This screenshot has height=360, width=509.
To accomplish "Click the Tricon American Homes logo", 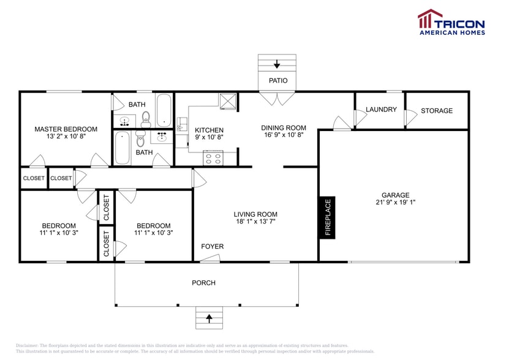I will tap(451, 22).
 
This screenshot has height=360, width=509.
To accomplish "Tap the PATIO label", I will tap(277, 81).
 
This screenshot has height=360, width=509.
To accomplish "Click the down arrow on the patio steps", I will tap(277, 64).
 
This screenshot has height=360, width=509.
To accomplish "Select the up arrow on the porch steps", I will tap(209, 318).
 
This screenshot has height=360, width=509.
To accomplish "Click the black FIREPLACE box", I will tap(327, 217).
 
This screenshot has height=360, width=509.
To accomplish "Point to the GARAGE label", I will tap(394, 195).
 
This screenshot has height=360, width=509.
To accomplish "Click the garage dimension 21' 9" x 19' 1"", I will tap(394, 203).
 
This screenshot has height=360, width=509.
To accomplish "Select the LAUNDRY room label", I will tap(381, 110).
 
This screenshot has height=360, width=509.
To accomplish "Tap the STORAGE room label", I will tap(437, 111).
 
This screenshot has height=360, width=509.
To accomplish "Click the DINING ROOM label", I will tap(284, 128).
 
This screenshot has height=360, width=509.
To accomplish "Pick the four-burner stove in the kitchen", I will tap(213, 159).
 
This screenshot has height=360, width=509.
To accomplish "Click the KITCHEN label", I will tap(209, 130).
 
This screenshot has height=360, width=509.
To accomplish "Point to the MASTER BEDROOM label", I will tap(66, 129).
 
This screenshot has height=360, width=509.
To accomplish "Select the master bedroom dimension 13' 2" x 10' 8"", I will tap(66, 137).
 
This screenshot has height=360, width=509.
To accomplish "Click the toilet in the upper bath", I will tap(146, 116).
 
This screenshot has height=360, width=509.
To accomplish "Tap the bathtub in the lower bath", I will tap(123, 148).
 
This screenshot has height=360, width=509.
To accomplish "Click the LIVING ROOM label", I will tap(255, 214).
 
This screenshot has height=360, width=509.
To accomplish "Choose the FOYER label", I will tap(213, 247).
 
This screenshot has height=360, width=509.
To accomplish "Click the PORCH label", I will tap(203, 283).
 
